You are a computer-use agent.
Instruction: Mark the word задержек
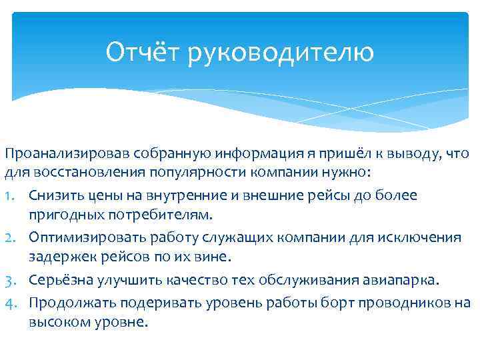(59, 257)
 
